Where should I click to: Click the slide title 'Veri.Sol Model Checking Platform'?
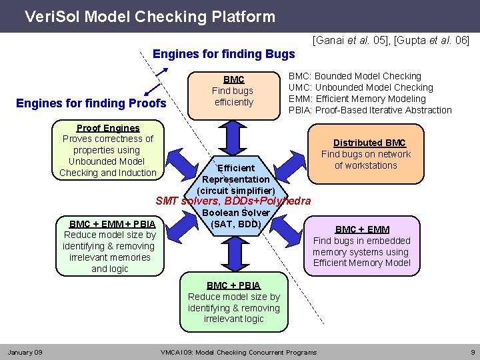point(149,17)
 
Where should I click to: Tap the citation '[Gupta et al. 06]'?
point(432,41)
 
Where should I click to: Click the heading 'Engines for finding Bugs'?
point(223,54)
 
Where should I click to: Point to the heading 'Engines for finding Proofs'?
point(91,103)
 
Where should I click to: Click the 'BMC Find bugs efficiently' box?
point(233,91)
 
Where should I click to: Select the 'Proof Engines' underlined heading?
point(108,128)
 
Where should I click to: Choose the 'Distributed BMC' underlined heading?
point(369,143)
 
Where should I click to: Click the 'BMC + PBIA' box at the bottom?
point(233,302)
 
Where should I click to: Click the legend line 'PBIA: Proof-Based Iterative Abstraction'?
point(369,110)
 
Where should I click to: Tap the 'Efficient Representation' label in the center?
point(236,174)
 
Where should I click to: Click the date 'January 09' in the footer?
point(25,352)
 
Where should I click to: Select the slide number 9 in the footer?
point(471,352)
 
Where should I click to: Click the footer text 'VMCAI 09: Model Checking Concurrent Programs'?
point(239,352)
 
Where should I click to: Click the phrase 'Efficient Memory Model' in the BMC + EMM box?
point(362,263)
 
